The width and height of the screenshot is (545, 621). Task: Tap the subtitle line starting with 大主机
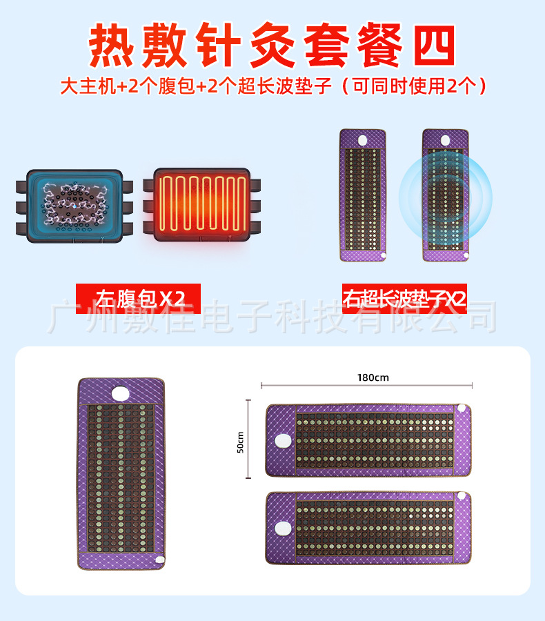(x=272, y=86)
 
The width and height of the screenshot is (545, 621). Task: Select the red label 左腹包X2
(x=137, y=299)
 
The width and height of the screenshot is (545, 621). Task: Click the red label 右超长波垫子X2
(x=404, y=299)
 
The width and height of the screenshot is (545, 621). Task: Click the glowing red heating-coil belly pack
(x=201, y=206)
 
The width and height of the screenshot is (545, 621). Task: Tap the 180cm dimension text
(x=373, y=377)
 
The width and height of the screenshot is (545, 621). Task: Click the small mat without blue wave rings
(x=363, y=195)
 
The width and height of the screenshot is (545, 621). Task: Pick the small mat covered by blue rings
(x=445, y=195)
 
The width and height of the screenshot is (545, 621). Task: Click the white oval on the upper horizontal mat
(x=281, y=440)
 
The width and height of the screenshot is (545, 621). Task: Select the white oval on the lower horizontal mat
(x=281, y=529)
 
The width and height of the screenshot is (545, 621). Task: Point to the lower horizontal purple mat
(x=369, y=529)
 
